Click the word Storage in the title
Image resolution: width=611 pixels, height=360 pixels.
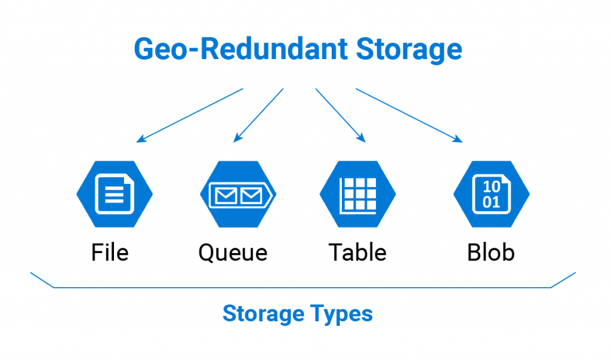coord(409,49)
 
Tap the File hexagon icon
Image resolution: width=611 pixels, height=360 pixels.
coord(114,194)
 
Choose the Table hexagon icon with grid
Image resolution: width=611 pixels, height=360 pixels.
coord(358,194)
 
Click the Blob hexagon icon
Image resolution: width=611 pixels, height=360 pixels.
coord(491,194)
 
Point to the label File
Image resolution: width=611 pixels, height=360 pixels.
coord(110,252)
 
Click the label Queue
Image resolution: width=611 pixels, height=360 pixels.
coord(233,253)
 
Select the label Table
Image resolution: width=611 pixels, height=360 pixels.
coord(357,252)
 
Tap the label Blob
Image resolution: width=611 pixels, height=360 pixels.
coord(491,252)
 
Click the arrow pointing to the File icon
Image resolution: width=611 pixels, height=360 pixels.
coord(190,115)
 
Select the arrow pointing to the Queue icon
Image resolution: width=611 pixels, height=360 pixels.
coord(258,115)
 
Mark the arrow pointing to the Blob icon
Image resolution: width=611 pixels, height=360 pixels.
coord(409,115)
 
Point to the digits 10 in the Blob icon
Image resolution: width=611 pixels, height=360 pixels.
coord(491,186)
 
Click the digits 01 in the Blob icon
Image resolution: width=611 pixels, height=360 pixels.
coord(491,202)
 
